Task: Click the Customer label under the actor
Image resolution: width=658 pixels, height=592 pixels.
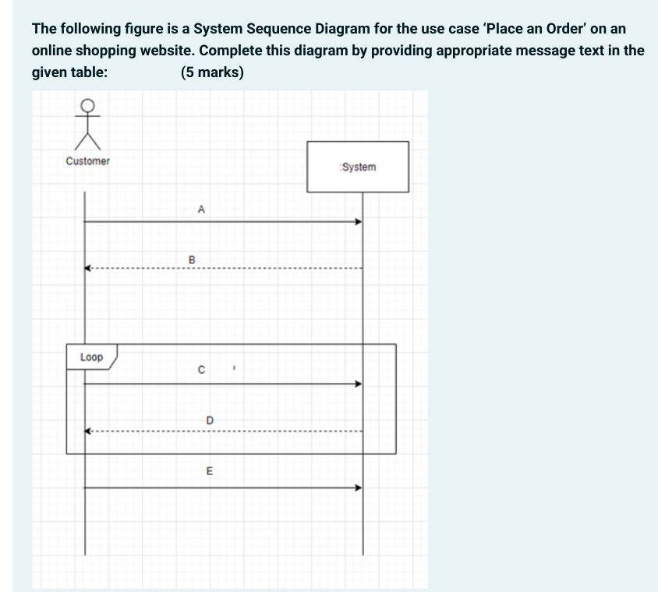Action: [x=88, y=161]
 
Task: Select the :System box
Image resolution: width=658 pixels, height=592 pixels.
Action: [x=358, y=167]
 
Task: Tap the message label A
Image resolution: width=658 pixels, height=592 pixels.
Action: [x=201, y=209]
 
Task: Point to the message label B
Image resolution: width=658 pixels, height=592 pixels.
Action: [x=193, y=258]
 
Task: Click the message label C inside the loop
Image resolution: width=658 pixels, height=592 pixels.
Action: [x=202, y=371]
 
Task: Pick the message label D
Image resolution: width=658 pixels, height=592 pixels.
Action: [x=209, y=421]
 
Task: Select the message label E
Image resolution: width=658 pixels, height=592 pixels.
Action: [x=209, y=471]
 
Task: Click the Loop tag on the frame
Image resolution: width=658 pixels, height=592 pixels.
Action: [x=91, y=357]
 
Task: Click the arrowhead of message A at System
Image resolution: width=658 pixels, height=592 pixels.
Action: [x=359, y=222]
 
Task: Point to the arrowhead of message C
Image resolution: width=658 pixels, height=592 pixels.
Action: [x=359, y=383]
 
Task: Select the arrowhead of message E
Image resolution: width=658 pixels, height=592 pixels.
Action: [x=359, y=488]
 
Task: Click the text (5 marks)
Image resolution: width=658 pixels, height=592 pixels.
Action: [x=212, y=73]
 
